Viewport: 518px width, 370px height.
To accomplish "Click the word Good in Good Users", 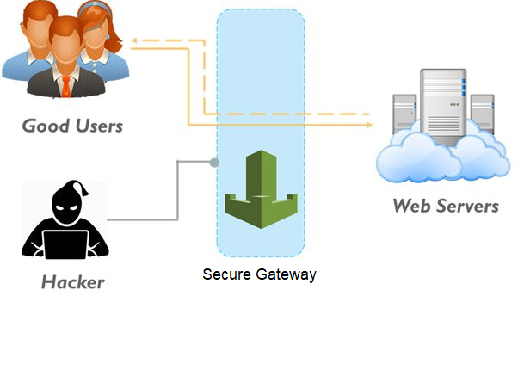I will (45, 126).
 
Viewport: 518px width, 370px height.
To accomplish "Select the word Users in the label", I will (96, 126).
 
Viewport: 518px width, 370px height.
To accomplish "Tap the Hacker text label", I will (72, 282).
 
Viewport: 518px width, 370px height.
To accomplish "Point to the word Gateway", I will (285, 275).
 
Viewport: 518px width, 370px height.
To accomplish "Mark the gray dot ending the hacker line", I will (214, 161).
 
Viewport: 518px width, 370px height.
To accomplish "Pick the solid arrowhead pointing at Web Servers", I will (369, 126).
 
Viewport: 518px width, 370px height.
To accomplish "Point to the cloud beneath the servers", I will (439, 155).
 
